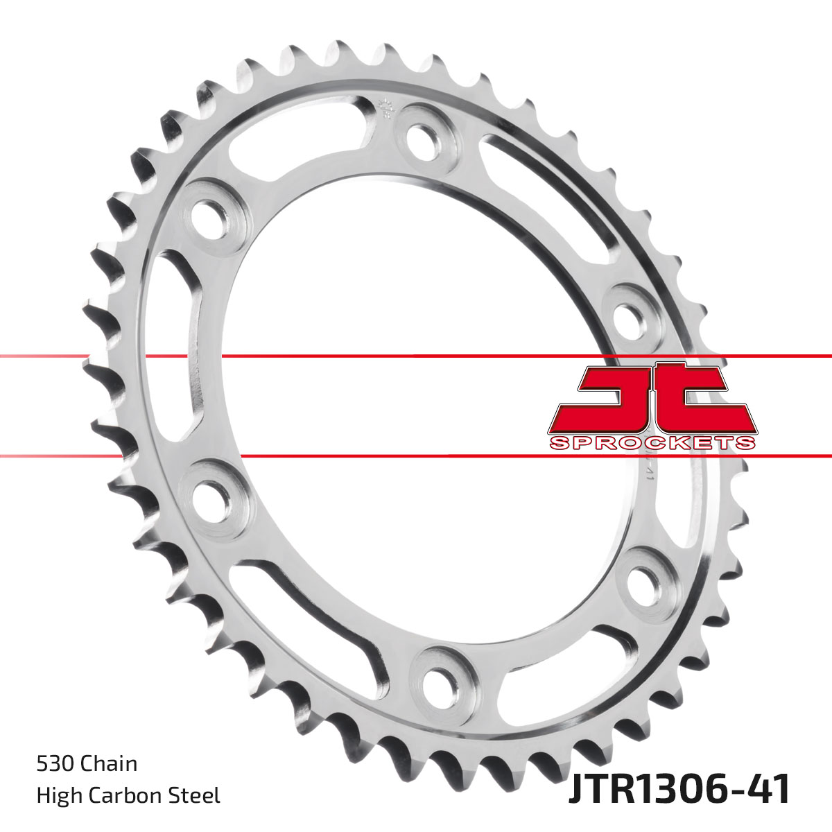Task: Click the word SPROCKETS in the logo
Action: tap(651, 443)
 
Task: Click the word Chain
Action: tap(109, 764)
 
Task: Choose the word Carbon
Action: tap(127, 795)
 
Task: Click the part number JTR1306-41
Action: tap(679, 790)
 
